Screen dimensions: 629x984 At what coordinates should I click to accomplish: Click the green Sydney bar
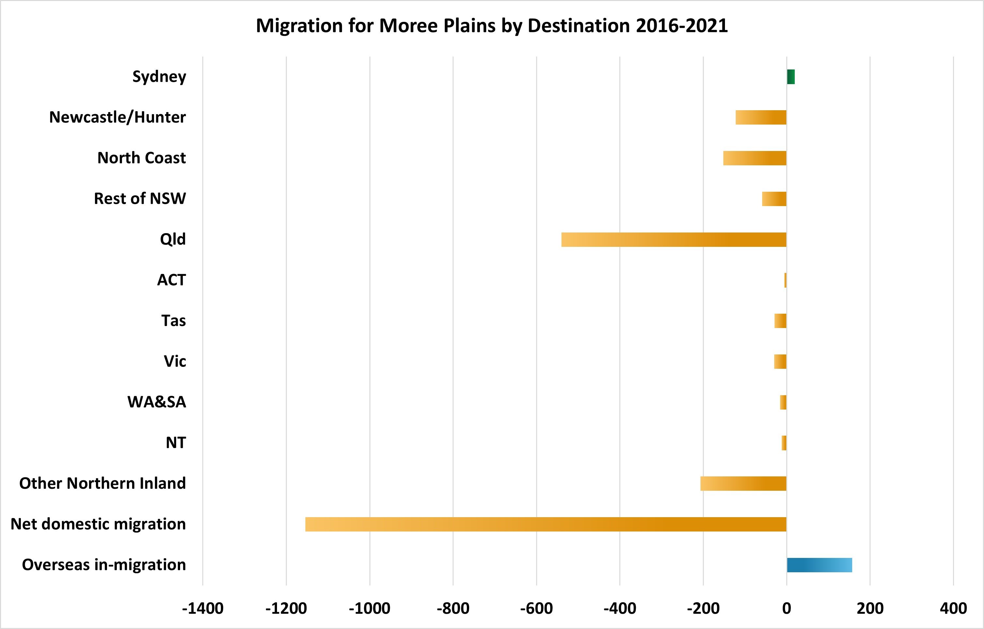point(791,77)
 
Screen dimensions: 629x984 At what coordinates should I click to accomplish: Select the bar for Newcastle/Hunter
point(761,117)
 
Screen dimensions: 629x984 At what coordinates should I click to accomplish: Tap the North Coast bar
point(755,158)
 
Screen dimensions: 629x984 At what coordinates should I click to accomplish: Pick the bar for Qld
point(673,239)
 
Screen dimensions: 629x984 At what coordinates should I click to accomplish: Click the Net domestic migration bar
point(546,524)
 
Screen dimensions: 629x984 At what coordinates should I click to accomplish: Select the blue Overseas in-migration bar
point(819,565)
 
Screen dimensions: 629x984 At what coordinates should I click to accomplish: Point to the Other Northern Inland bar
point(743,484)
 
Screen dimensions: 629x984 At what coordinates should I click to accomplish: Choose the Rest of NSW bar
point(774,199)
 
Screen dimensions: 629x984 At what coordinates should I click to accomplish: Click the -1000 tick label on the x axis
point(369,608)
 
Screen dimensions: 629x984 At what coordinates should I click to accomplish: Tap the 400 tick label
point(953,608)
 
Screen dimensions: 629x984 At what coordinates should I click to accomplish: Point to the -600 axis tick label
point(536,608)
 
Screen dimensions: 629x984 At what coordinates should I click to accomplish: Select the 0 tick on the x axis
point(787,608)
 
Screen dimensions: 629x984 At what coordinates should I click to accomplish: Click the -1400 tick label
point(203,608)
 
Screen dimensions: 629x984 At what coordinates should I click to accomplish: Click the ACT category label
point(172,280)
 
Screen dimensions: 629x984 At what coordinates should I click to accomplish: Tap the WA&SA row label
point(157,402)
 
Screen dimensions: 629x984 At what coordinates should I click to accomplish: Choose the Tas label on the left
point(173,321)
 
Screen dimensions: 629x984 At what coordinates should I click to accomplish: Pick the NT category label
point(176,443)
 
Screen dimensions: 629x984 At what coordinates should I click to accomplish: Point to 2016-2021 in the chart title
point(682,26)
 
